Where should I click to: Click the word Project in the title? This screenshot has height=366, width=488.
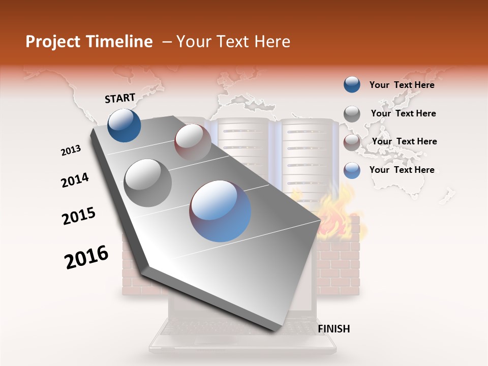(53, 42)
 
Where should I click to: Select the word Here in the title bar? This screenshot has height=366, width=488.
(271, 42)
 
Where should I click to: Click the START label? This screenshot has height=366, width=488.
(120, 98)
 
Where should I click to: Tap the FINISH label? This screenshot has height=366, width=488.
(333, 329)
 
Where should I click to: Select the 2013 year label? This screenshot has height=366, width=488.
(71, 150)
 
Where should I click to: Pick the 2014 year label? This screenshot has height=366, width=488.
(75, 180)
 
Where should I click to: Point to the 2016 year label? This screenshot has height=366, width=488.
(86, 257)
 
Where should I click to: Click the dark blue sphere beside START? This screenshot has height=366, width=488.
(124, 125)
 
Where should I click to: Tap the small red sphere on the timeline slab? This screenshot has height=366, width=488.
(193, 142)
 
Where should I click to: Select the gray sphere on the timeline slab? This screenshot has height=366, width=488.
(148, 182)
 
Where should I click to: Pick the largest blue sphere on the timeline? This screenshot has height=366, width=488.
(220, 210)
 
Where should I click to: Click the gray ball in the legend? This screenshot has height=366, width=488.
(352, 113)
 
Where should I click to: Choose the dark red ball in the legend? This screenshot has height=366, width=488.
(352, 142)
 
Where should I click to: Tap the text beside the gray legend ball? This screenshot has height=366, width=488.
(403, 113)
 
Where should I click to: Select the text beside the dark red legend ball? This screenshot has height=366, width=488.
(404, 141)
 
